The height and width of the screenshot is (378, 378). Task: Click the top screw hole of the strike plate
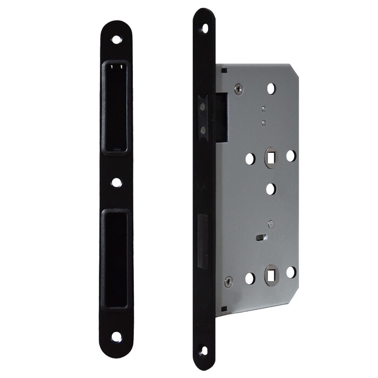click(x=116, y=39)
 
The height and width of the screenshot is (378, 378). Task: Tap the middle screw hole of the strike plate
click(x=116, y=182)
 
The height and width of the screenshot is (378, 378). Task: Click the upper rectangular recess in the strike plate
click(x=116, y=106)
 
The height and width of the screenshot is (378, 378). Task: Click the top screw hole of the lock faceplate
click(x=205, y=29)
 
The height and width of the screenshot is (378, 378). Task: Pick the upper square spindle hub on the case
click(x=270, y=157)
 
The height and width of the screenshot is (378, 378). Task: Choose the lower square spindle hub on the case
click(x=270, y=276)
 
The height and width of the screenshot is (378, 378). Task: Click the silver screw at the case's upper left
click(x=238, y=89)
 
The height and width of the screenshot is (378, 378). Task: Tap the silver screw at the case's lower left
click(x=228, y=281)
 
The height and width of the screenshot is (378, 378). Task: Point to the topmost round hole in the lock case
click(x=271, y=89)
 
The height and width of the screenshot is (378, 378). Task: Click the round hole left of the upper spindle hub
click(x=249, y=159)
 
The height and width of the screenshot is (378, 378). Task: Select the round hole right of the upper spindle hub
click(x=291, y=156)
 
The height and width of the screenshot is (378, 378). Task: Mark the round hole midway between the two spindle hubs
click(x=271, y=189)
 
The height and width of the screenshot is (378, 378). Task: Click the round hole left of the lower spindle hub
click(x=249, y=278)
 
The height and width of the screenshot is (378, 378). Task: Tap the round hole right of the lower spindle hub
click(x=291, y=272)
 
